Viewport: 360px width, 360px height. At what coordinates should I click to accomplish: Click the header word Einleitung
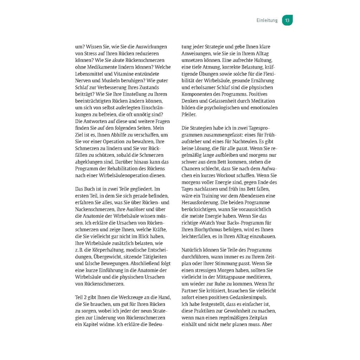tap(267, 20)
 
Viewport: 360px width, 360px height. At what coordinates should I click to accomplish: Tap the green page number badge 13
tap(287, 20)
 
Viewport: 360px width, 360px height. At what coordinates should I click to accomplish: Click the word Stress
tap(90, 53)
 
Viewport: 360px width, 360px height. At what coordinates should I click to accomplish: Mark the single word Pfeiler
tap(189, 114)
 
